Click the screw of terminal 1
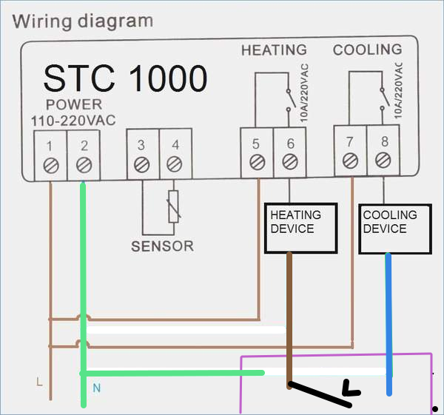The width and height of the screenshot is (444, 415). (51, 165)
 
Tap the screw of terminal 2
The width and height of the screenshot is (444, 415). (84, 165)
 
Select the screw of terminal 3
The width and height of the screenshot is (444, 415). (141, 165)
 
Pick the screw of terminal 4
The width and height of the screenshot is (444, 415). (174, 164)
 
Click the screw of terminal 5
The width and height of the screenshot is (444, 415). (258, 163)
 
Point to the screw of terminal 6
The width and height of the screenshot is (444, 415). (290, 162)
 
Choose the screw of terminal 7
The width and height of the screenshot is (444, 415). (350, 161)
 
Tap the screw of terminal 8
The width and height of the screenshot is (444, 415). (383, 160)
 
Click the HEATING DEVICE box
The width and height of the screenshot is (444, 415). (300, 228)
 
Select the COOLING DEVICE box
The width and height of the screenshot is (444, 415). (395, 229)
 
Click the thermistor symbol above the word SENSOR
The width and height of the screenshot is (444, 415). (173, 206)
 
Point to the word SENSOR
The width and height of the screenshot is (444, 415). (163, 246)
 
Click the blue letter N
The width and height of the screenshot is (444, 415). (97, 388)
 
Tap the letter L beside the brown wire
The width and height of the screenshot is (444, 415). (39, 382)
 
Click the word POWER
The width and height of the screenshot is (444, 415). (74, 105)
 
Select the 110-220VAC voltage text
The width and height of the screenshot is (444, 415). (73, 121)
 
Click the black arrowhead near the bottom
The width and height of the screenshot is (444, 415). (351, 388)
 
